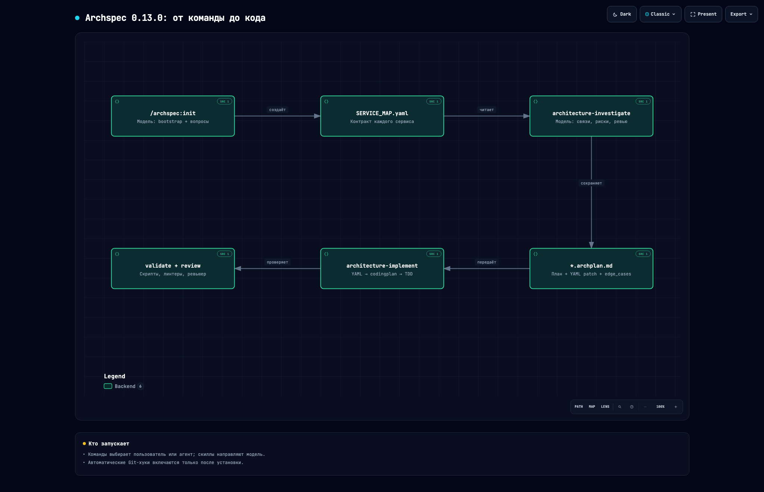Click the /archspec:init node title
[x=173, y=113]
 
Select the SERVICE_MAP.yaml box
[x=382, y=116]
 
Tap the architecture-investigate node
[x=591, y=116]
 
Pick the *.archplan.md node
[x=591, y=268]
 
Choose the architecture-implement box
[x=382, y=268]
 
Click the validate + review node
[x=173, y=268]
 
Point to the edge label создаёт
[x=278, y=110]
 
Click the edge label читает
[x=487, y=110]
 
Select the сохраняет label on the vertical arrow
[x=591, y=183]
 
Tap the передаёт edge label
[x=487, y=262]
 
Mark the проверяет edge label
[x=278, y=262]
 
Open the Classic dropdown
[x=660, y=14]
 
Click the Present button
[x=703, y=14]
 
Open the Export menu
[x=741, y=14]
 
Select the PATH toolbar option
[x=579, y=407]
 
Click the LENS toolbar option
[x=605, y=407]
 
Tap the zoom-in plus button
[x=676, y=407]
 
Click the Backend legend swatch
[x=108, y=386]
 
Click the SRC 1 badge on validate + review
[x=225, y=254]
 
